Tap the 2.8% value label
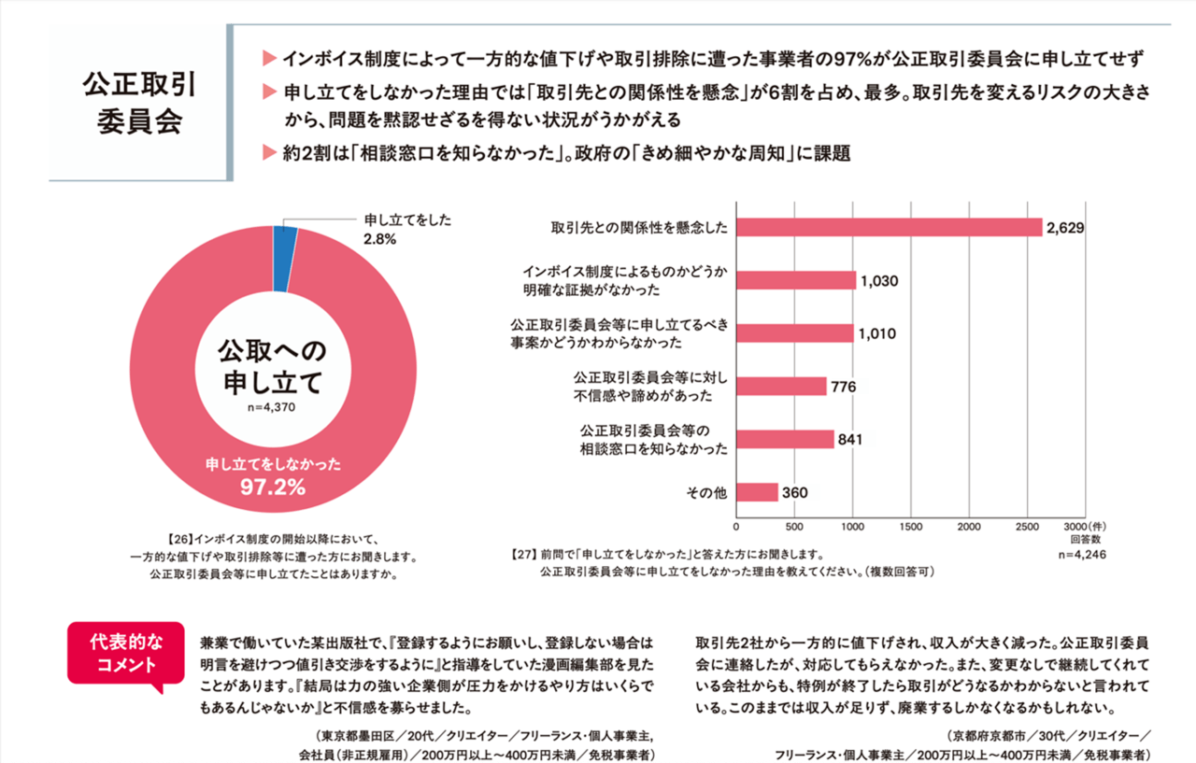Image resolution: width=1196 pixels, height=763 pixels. click(x=380, y=239)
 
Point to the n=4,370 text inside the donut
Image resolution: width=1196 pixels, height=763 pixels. click(x=272, y=407)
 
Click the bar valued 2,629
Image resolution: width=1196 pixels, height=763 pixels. click(x=889, y=227)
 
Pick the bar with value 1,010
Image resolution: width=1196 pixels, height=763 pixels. click(x=794, y=333)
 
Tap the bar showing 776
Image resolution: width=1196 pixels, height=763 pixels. click(x=781, y=386)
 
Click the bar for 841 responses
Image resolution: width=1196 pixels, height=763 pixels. click(x=785, y=439)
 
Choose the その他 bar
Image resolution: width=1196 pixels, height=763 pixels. click(x=757, y=492)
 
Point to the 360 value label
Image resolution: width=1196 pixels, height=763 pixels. click(x=794, y=492)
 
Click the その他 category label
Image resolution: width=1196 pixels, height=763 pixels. click(x=707, y=492)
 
